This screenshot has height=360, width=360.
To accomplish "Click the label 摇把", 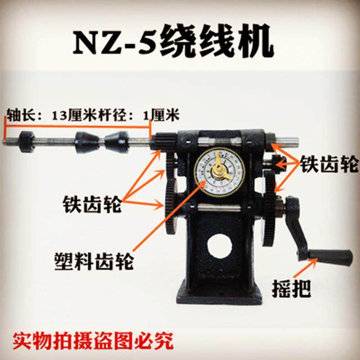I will (x=293, y=286).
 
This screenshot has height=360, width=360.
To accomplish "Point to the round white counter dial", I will (x=219, y=171).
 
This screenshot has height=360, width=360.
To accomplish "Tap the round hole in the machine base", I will (x=220, y=247).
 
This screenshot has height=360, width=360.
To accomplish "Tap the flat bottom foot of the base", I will (x=220, y=295).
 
